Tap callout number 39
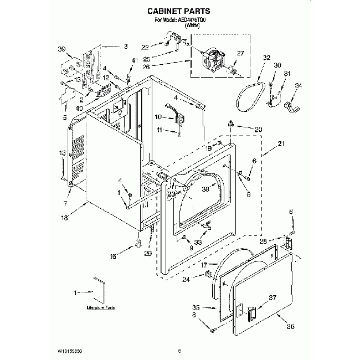[61, 49]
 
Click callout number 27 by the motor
[240, 54]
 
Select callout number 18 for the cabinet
[64, 219]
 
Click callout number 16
[114, 256]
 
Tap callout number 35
[196, 307]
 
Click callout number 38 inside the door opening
[205, 188]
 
